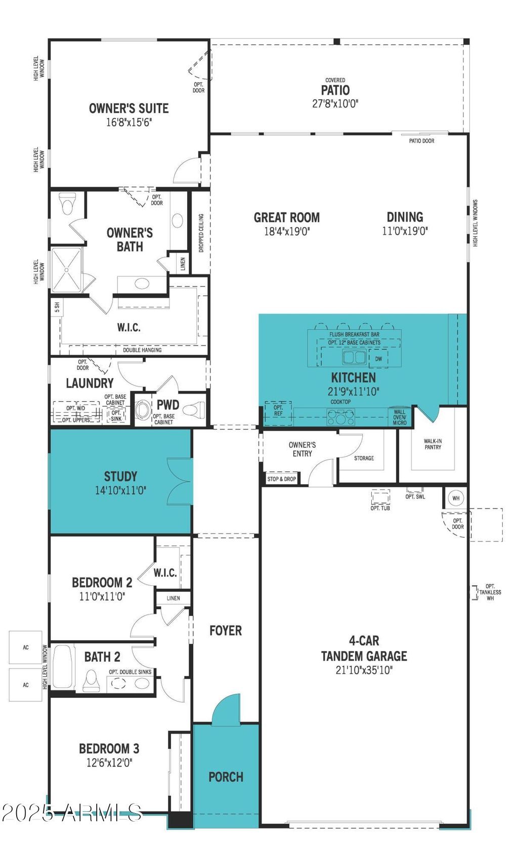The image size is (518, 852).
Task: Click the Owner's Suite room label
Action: (128, 109)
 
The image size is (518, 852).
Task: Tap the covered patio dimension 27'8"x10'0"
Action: (335, 104)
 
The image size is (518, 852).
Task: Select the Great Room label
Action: (287, 217)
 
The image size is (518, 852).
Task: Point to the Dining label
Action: (405, 217)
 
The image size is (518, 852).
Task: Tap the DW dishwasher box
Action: (378, 359)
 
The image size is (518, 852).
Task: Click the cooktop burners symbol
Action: (341, 417)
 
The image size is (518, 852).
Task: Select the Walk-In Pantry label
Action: (433, 444)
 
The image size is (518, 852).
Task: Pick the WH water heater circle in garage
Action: (456, 498)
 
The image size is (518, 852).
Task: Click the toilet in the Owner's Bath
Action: (68, 204)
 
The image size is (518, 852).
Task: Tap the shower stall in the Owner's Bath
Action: (66, 270)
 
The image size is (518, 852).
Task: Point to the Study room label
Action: (120, 476)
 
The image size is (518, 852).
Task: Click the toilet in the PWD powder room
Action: (194, 410)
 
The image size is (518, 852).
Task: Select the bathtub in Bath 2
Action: (62, 666)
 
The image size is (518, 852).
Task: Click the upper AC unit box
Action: (25, 647)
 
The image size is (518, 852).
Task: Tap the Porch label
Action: (226, 776)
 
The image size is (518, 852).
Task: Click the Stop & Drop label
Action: (281, 479)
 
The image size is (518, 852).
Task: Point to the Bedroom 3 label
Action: (109, 748)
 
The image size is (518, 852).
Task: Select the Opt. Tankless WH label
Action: (490, 592)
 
